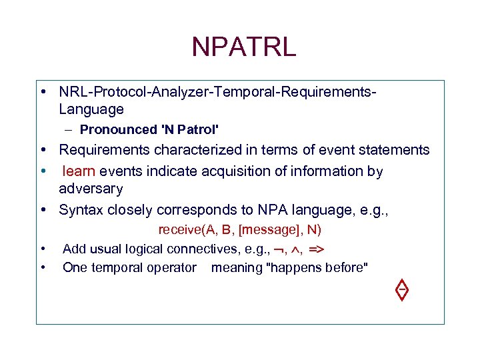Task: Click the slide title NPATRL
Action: click(x=243, y=47)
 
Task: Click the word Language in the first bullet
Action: click(x=91, y=109)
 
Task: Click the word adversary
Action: click(x=91, y=189)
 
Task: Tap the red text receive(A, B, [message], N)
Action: click(x=239, y=231)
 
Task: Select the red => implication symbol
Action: click(x=317, y=249)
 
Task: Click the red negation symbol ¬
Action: click(x=279, y=250)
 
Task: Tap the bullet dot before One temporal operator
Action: click(x=42, y=268)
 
